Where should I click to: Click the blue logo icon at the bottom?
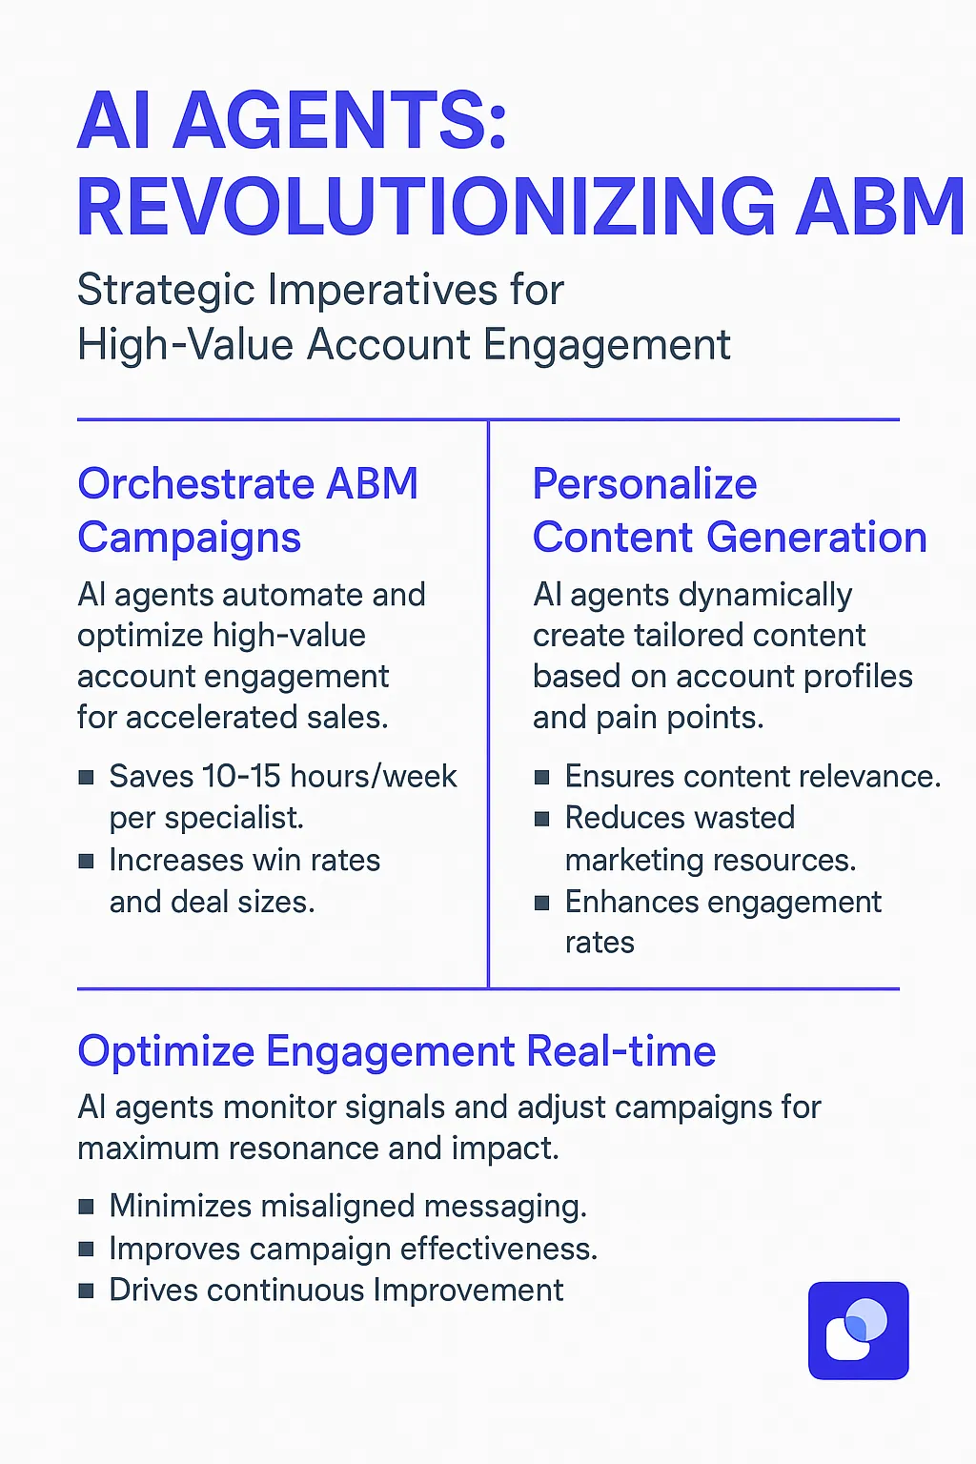click(x=858, y=1331)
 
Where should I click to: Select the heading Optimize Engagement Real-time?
click(x=396, y=1051)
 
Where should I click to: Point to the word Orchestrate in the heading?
click(x=194, y=484)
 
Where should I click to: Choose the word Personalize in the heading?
click(x=644, y=484)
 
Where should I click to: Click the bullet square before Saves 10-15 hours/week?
click(x=86, y=778)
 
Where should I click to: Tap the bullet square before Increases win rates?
click(x=86, y=862)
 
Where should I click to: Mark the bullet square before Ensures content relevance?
click(x=541, y=778)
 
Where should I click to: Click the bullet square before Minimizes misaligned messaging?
click(x=86, y=1208)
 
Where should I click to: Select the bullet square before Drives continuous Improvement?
click(x=86, y=1291)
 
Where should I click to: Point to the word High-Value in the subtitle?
click(x=185, y=345)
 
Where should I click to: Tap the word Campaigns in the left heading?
click(x=189, y=539)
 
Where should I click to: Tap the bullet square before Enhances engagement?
click(x=541, y=903)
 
